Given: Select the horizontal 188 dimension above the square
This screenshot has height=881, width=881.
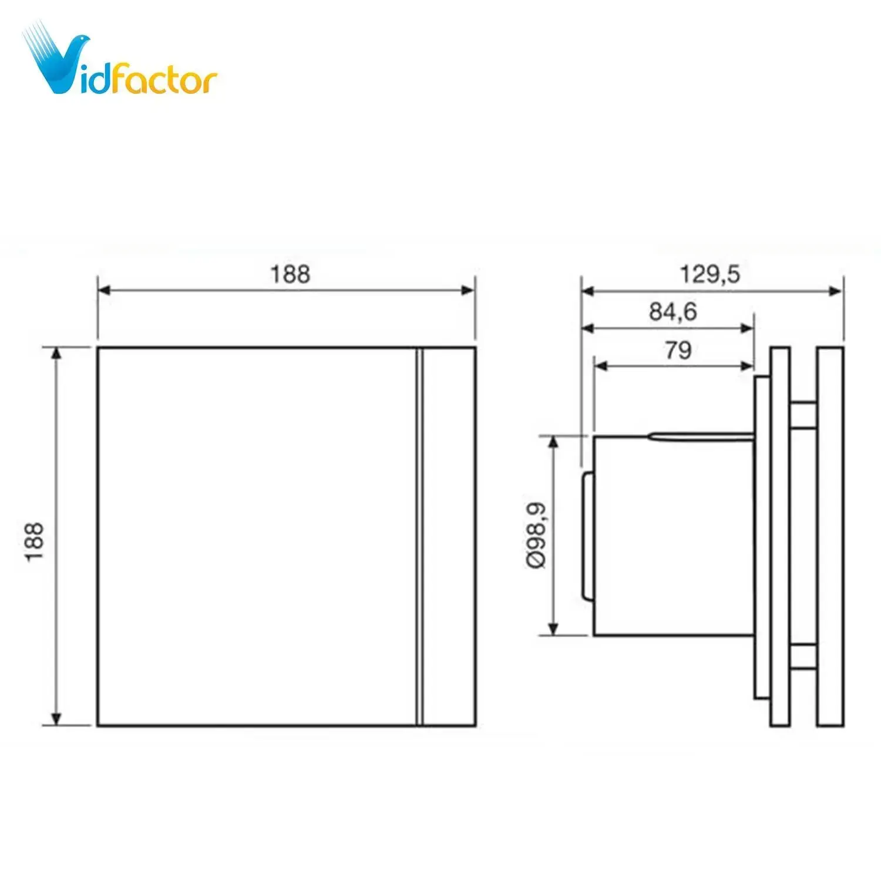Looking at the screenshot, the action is tap(290, 274).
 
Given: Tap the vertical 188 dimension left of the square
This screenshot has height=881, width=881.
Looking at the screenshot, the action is tap(35, 541).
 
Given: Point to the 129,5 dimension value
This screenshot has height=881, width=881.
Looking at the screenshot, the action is tap(710, 274).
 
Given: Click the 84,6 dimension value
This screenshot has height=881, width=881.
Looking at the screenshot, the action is tap(672, 311).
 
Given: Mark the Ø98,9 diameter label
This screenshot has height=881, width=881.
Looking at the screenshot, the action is tap(537, 535).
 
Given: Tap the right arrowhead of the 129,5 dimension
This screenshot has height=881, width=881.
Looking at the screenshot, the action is tap(836, 290).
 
